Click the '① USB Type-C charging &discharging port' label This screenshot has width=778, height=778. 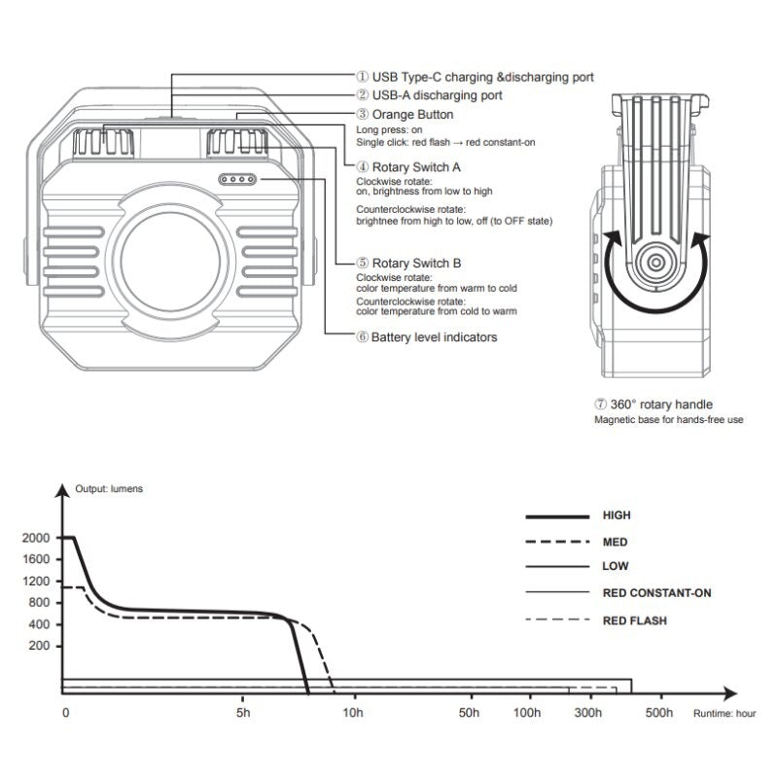coord(475,77)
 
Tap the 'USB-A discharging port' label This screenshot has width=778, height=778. coord(437,95)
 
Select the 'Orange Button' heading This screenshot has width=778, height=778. coord(412,114)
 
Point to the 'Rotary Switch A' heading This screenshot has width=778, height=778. coord(416,167)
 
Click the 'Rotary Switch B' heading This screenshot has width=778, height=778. coord(416,263)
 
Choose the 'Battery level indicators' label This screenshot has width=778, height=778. coord(434,337)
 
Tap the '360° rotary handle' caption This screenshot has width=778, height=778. coord(661,405)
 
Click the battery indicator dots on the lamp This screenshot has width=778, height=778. coord(237,179)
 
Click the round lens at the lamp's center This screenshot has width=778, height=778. coord(170,262)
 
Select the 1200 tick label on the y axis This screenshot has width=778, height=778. coord(36,581)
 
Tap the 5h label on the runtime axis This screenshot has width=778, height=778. coord(243,713)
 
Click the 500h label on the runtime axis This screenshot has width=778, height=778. coord(659,713)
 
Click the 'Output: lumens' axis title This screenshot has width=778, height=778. coord(109,489)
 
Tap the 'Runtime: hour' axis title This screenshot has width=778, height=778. coord(725,714)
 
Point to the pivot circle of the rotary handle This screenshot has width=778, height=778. coord(655,262)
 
